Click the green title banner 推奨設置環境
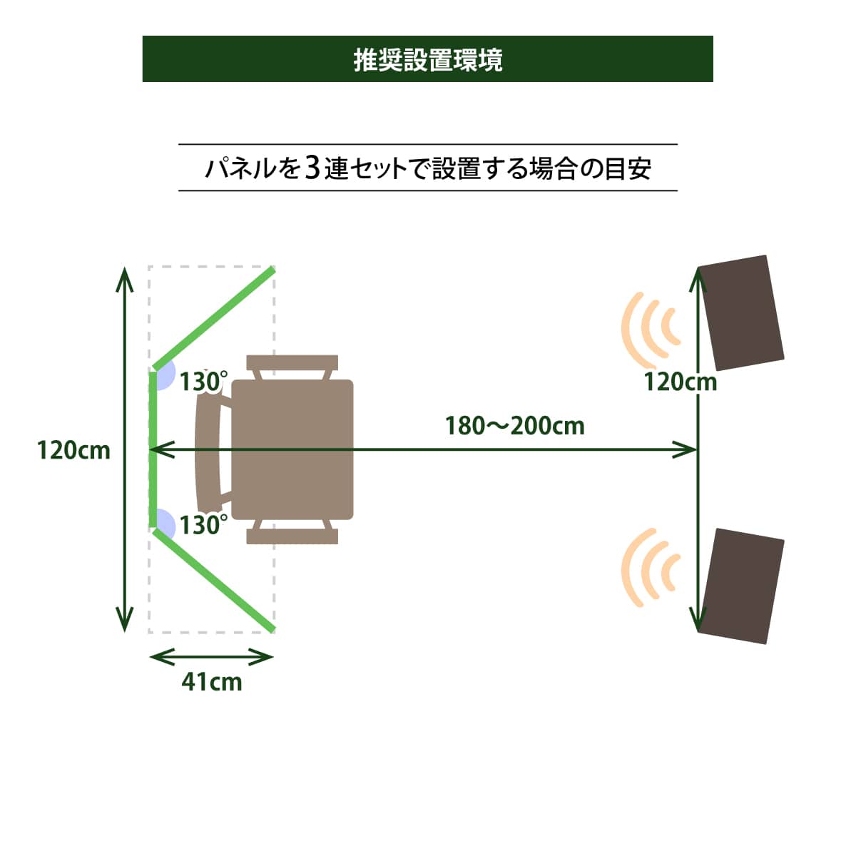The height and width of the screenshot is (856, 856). tap(428, 58)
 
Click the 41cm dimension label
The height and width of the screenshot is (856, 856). tap(212, 682)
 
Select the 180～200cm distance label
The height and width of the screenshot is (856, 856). tap(515, 426)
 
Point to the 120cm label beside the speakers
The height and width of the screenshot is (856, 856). tap(680, 382)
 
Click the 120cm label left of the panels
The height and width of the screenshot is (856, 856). tap(74, 450)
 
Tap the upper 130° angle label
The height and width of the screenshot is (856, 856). tap(203, 382)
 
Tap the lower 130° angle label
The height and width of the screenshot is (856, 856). tap(203, 525)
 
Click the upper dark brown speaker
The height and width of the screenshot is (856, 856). tap(740, 312)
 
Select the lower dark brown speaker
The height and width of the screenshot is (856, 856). tap(740, 586)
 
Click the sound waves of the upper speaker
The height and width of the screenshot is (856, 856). tap(649, 327)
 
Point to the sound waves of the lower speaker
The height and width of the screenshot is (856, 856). tap(649, 568)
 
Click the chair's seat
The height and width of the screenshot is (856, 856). tap(292, 449)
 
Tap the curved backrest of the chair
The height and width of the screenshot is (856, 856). tap(207, 449)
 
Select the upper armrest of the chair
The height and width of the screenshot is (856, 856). tap(292, 363)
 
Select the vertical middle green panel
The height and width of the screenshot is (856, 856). tap(153, 449)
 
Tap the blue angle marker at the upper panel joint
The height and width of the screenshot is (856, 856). tap(165, 375)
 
